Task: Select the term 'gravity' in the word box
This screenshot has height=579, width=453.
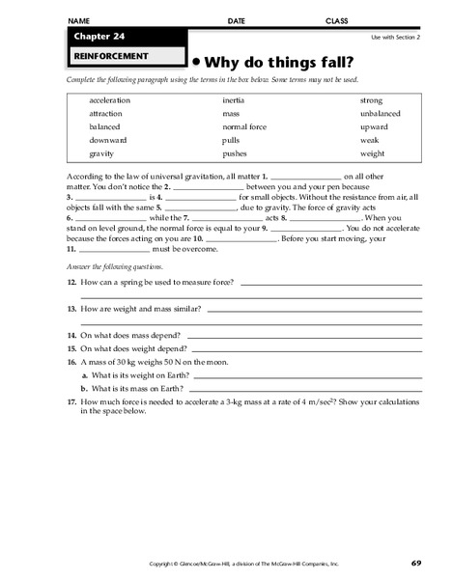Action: [102, 153]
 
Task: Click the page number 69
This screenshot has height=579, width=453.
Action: [415, 563]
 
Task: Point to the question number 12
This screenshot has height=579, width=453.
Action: [71, 283]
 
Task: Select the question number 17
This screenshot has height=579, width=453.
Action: [71, 400]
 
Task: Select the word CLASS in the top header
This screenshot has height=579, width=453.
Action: [336, 19]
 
